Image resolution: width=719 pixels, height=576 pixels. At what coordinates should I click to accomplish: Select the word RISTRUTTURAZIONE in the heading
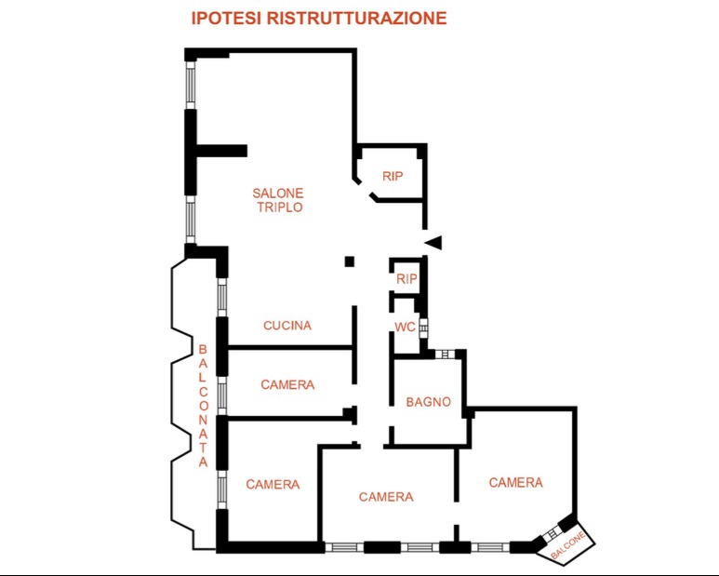coord(356,18)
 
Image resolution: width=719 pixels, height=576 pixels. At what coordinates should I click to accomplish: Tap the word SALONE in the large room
coord(277,193)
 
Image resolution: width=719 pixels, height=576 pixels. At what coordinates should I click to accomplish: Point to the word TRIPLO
coord(277,208)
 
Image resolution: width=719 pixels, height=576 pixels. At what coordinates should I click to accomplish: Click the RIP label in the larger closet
coord(393,175)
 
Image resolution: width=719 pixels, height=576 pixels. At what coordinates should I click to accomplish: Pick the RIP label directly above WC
coord(406,278)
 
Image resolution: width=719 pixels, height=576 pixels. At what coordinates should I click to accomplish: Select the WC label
coord(405,327)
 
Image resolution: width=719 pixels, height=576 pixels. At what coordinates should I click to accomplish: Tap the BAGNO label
coord(428,403)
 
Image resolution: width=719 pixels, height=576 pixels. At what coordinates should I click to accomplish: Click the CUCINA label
coord(287,326)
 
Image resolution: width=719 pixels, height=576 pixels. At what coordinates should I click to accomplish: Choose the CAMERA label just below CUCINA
coord(287,384)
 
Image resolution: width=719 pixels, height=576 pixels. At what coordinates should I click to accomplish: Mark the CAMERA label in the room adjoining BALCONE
coord(515,482)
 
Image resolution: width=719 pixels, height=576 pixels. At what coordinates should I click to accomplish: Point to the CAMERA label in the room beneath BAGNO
coord(386,497)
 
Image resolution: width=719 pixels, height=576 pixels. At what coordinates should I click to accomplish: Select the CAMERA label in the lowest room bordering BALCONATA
coord(273,484)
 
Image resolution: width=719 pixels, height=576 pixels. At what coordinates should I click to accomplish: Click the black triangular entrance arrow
coord(433,243)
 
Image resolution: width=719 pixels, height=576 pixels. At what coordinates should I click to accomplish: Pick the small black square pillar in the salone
coord(350,261)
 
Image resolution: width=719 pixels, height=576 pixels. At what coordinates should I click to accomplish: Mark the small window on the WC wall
coord(423,328)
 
